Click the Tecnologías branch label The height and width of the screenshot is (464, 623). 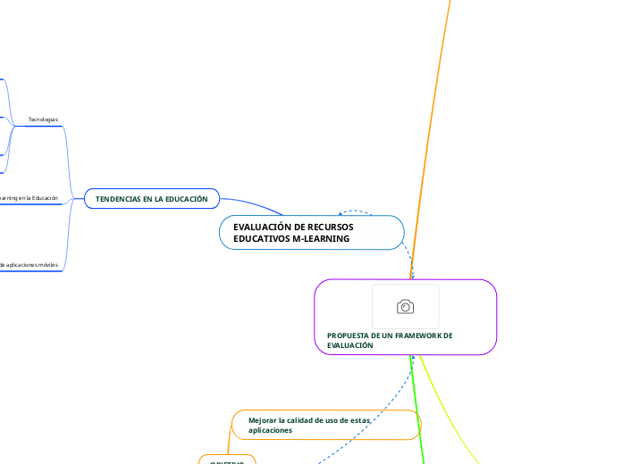[x=43, y=120]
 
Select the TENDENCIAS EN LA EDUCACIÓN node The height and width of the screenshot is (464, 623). [x=151, y=199]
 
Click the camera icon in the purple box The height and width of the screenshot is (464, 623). [x=405, y=307]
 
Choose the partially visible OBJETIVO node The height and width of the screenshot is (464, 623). [x=226, y=460]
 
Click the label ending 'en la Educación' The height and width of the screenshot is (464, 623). [x=31, y=198]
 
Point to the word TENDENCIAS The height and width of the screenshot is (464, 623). [x=119, y=199]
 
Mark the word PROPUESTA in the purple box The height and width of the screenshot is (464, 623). [x=349, y=336]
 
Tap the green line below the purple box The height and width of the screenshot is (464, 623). [x=418, y=410]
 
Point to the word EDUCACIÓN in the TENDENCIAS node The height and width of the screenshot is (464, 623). [x=184, y=199]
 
